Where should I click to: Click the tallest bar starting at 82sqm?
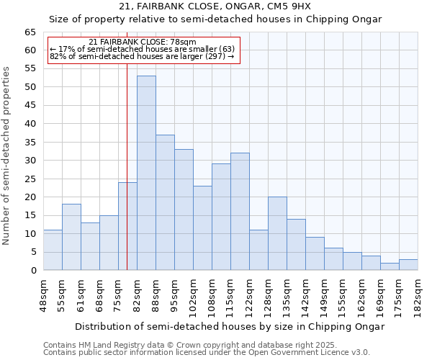pyautogui.click(x=146, y=173)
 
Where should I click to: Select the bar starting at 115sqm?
pyautogui.click(x=240, y=212)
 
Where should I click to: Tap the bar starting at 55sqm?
pyautogui.click(x=71, y=237)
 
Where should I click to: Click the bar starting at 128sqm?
pyautogui.click(x=277, y=233)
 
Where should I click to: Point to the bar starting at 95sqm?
pyautogui.click(x=184, y=210)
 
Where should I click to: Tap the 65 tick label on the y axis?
pyautogui.click(x=30, y=32)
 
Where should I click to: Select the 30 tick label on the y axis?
pyautogui.click(x=30, y=161)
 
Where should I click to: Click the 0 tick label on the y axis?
pyautogui.click(x=32, y=271)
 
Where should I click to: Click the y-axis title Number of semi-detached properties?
pyautogui.click(x=6, y=156)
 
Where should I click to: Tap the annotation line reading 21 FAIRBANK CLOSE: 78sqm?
pyautogui.click(x=142, y=42)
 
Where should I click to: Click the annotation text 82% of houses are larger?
pyautogui.click(x=142, y=56)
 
